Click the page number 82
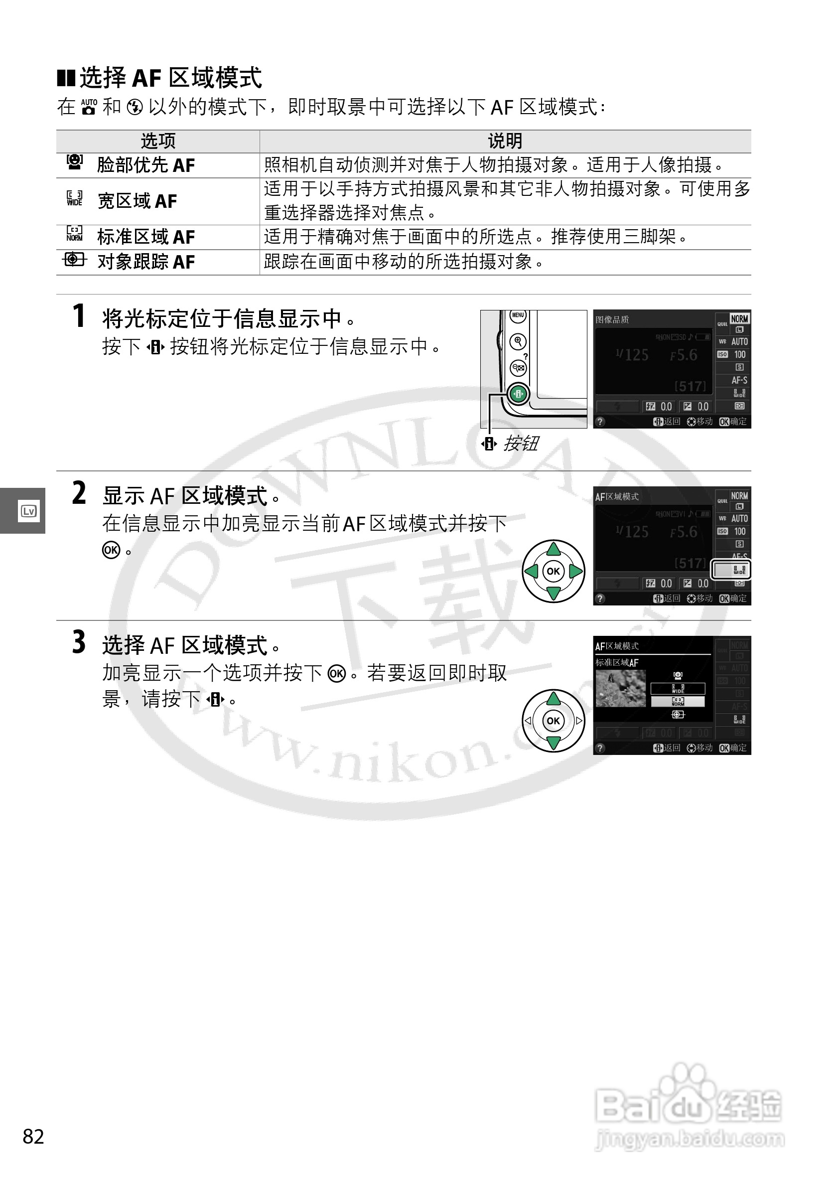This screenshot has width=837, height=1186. pyautogui.click(x=33, y=1136)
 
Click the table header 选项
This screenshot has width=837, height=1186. pyautogui.click(x=158, y=141)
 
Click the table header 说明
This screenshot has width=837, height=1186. pyautogui.click(x=505, y=141)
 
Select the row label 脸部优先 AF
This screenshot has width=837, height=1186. pyautogui.click(x=145, y=165)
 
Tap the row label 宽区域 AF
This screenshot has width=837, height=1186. pyautogui.click(x=138, y=201)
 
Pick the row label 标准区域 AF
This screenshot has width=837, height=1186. pyautogui.click(x=145, y=237)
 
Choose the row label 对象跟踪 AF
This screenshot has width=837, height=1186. pyautogui.click(x=145, y=262)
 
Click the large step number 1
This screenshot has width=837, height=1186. pyautogui.click(x=79, y=316)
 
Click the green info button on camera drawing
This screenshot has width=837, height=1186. pyautogui.click(x=518, y=394)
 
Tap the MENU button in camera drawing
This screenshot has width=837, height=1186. pyautogui.click(x=518, y=315)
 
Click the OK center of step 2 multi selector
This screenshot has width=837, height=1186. pyautogui.click(x=553, y=571)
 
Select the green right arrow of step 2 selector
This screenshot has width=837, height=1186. pyautogui.click(x=576, y=571)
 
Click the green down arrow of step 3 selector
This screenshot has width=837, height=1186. pyautogui.click(x=553, y=743)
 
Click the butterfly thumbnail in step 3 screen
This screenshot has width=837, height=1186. pyautogui.click(x=620, y=689)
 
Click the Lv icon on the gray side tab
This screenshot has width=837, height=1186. pyautogui.click(x=28, y=511)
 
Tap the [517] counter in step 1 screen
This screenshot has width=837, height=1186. pyautogui.click(x=690, y=386)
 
